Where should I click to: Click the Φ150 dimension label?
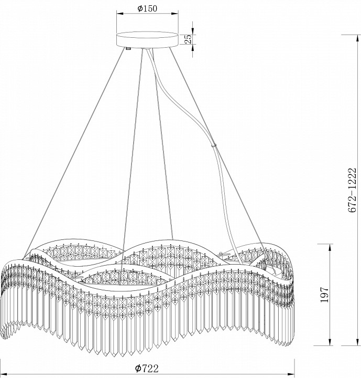147,8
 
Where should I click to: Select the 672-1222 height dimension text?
352,190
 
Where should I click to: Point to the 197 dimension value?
324,295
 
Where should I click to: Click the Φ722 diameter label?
147,369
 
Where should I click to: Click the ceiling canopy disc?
147,40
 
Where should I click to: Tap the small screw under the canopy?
128,48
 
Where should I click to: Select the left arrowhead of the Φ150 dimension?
120,14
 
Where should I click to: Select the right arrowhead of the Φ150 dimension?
175,14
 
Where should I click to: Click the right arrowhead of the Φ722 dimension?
291,375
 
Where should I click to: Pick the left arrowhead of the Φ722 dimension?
4,375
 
